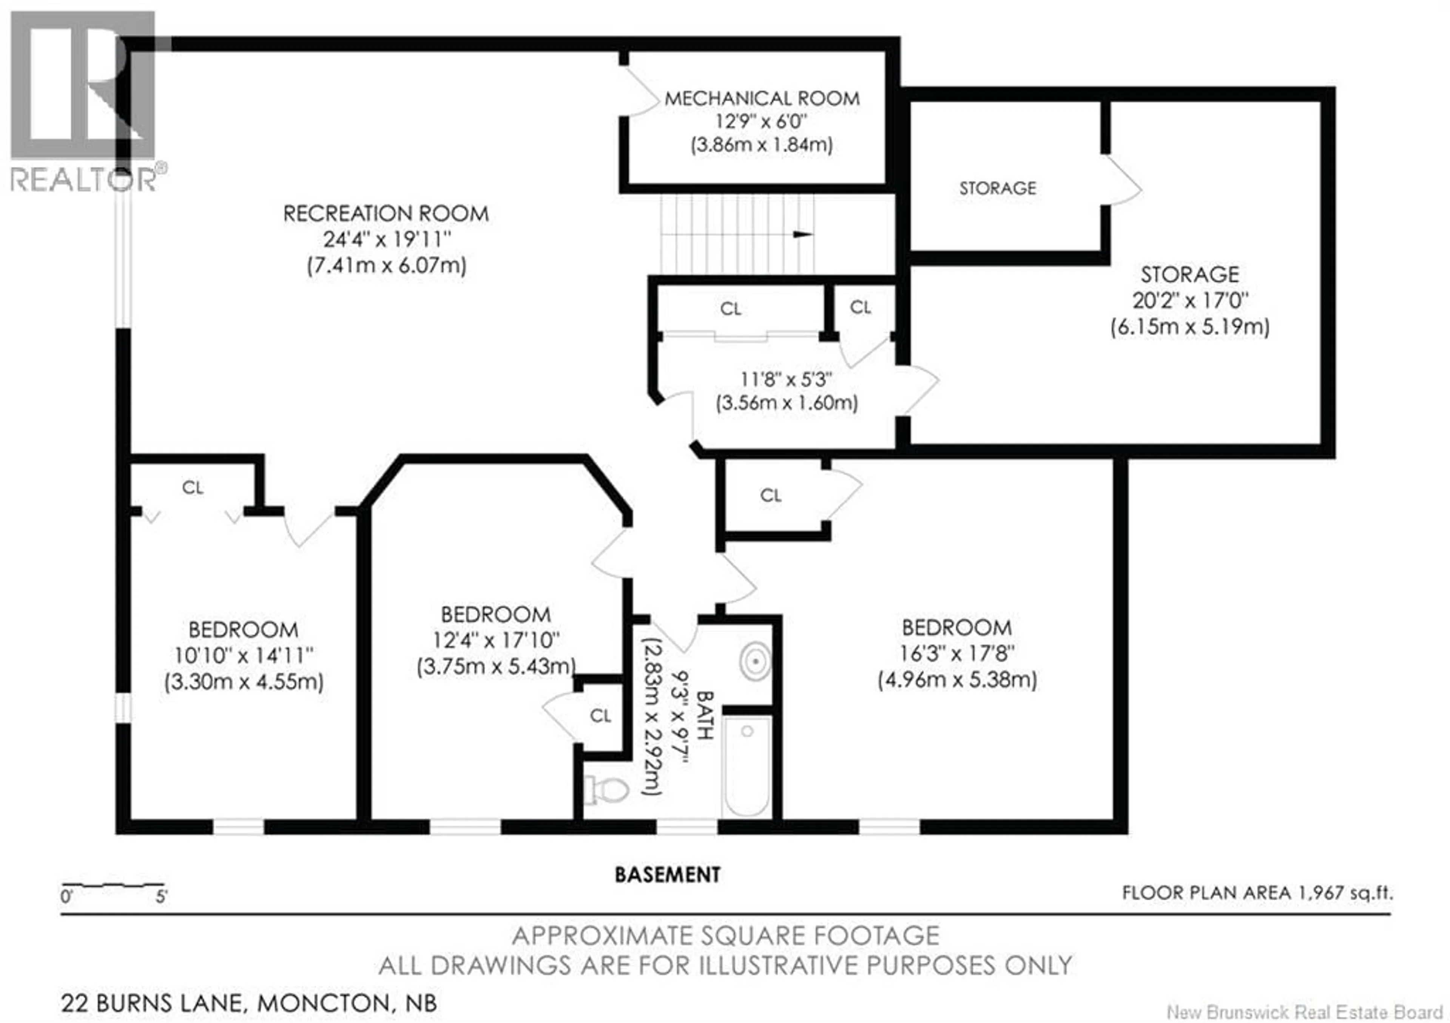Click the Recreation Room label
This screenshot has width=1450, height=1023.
click(x=386, y=213)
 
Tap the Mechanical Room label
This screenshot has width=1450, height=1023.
click(x=762, y=99)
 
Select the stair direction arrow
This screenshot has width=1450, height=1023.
click(x=803, y=235)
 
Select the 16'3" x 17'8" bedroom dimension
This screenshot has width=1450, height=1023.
click(x=957, y=654)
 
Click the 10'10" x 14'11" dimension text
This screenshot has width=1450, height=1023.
click(x=244, y=656)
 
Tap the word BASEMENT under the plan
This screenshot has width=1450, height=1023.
click(x=668, y=875)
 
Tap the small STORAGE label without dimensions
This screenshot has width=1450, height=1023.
click(x=998, y=188)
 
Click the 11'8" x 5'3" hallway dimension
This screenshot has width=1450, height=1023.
click(x=786, y=380)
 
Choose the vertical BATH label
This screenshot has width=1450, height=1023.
click(x=705, y=715)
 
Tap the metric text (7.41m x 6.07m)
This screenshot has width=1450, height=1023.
click(x=387, y=266)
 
